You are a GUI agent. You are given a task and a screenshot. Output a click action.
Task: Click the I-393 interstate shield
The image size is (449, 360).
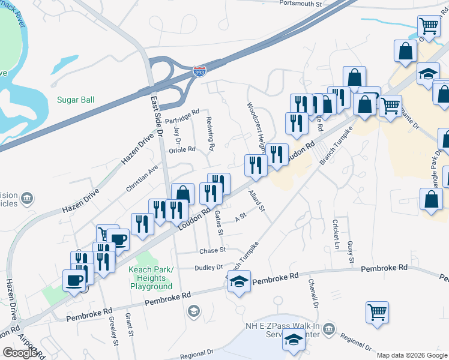200,71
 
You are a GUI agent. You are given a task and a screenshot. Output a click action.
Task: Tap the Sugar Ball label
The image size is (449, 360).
76,100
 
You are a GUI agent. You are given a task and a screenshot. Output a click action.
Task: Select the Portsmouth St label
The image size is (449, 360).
301,3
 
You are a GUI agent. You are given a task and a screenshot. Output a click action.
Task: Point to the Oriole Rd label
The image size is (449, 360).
182,149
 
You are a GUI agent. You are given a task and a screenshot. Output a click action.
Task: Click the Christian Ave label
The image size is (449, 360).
142,179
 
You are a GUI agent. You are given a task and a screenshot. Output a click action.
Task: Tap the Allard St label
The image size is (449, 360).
257,201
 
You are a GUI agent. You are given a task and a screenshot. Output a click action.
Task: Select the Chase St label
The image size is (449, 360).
212,250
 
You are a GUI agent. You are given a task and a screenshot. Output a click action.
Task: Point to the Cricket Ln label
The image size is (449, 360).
336,235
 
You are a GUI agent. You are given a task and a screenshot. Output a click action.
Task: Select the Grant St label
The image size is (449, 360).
129,325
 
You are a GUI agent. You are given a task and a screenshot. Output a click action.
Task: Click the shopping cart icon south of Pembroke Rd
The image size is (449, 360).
377,312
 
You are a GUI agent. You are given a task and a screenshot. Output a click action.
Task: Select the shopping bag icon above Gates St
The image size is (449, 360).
182,194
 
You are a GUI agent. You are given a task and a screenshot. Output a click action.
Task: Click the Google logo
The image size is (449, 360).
20,353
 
